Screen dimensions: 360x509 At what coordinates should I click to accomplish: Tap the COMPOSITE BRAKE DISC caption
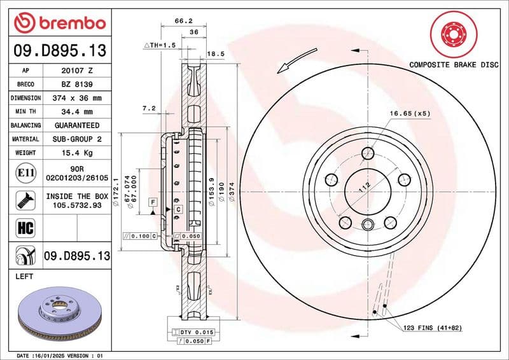click(x=453, y=65)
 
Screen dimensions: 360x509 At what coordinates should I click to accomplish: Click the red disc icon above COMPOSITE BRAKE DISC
click(x=453, y=32)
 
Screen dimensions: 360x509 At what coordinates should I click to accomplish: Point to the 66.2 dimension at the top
click(x=183, y=20)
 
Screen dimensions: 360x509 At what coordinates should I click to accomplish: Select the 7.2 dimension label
click(x=149, y=109)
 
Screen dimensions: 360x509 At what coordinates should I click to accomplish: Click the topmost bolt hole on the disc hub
click(x=368, y=153)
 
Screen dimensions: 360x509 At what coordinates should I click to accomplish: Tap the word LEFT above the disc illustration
click(x=24, y=277)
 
